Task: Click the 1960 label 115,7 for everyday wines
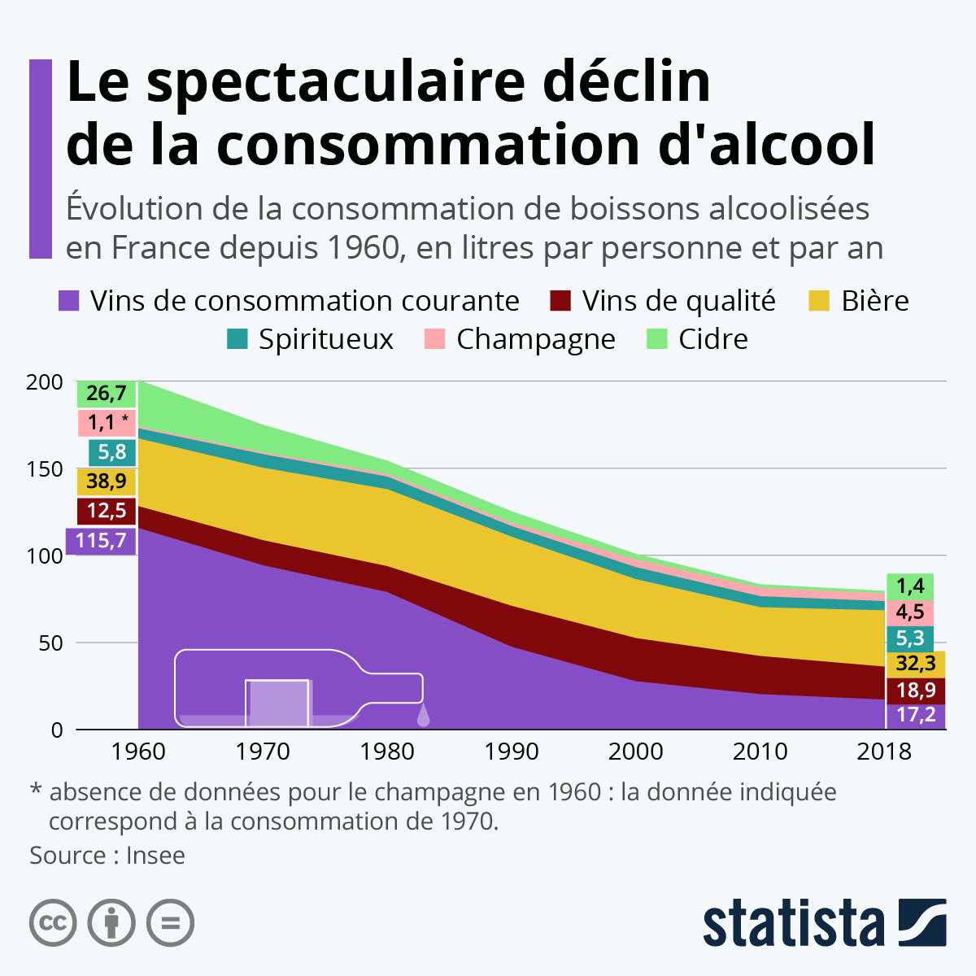101,540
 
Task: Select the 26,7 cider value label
107,394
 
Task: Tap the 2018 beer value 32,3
915,664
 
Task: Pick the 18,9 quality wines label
915,691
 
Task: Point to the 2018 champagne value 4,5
910,612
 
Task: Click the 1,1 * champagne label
107,422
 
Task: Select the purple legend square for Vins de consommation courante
69,301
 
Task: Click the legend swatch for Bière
819,301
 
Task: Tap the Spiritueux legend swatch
237,339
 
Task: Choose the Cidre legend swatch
656,339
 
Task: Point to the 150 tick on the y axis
46,469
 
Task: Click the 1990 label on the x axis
511,751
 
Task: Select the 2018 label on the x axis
884,751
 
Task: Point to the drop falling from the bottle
423,716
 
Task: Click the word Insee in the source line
155,856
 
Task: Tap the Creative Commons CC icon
54,923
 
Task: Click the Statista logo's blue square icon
922,922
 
